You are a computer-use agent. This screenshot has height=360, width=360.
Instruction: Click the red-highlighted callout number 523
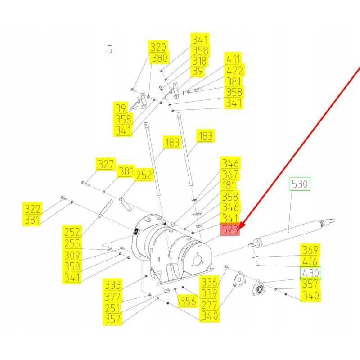230,229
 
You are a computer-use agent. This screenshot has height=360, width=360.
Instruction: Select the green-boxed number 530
300,184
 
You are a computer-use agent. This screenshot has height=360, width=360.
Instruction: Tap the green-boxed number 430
311,273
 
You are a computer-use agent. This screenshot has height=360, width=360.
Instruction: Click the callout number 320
158,47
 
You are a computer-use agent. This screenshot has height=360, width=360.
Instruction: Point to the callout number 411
233,59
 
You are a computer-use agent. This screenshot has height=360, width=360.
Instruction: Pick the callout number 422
234,70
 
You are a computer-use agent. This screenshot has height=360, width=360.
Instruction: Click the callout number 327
106,164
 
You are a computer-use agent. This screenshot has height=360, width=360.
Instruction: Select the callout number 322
32,209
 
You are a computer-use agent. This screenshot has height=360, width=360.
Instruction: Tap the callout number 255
72,243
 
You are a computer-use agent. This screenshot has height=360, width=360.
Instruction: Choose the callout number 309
72,255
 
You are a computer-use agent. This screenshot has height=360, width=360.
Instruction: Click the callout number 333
112,285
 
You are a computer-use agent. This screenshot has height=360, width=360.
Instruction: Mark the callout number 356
188,301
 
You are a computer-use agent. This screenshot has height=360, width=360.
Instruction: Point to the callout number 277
209,305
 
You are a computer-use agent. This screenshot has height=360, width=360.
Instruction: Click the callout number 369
310,250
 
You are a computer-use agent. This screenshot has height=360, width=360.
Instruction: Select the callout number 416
310,261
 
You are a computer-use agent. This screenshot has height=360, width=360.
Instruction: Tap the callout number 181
229,185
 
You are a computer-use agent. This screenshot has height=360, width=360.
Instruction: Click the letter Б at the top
109,49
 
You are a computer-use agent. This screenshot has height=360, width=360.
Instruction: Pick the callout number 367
230,175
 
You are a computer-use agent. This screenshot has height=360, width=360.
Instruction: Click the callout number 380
159,58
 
